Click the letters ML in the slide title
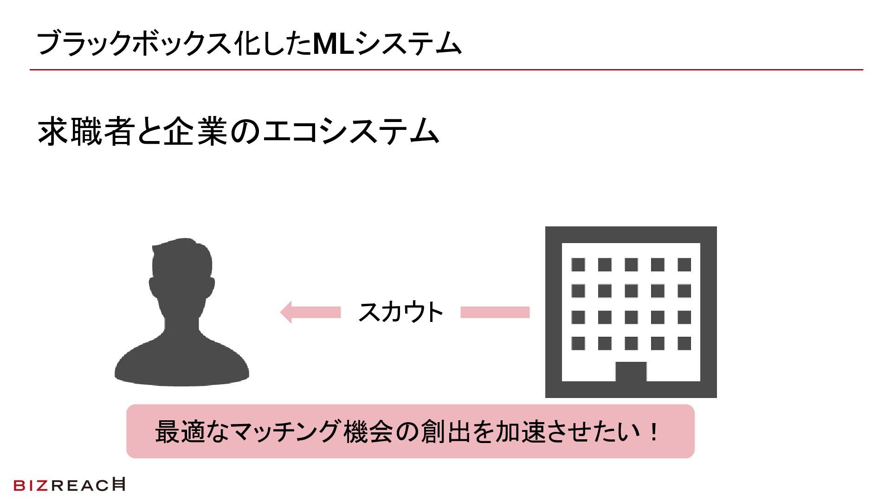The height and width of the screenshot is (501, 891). coord(333,44)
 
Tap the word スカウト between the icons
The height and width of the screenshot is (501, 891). coord(400,312)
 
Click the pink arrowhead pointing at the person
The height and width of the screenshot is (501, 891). coord(286,312)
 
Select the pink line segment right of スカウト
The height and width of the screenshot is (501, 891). coord(495,312)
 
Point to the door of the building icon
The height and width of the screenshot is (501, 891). coord(631,372)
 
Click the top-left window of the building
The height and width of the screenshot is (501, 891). coord(578,264)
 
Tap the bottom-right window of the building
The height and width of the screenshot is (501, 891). coord(684,343)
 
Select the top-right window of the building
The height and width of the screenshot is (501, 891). coord(684,264)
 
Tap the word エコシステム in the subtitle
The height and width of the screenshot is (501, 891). coord(351,132)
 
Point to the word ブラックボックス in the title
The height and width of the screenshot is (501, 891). coord(135,44)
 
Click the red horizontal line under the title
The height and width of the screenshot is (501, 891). coord(445,70)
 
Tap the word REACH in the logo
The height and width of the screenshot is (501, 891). coord(88,485)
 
